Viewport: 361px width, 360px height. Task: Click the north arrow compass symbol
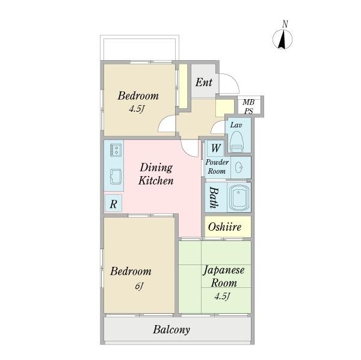(x=283, y=39)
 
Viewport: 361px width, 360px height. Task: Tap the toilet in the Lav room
(x=237, y=142)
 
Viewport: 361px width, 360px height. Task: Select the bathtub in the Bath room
(x=239, y=197)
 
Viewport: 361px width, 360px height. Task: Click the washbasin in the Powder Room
(x=239, y=167)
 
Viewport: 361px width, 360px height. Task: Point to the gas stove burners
(x=116, y=150)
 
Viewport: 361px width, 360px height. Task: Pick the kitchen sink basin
(x=116, y=177)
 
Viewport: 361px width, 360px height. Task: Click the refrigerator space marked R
(x=113, y=204)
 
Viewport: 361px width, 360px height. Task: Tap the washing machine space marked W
(x=215, y=148)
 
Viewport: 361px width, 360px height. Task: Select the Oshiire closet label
(x=224, y=227)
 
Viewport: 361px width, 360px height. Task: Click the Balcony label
(x=171, y=329)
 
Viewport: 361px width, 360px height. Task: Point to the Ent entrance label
(x=204, y=82)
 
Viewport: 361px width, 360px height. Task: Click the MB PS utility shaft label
(x=248, y=106)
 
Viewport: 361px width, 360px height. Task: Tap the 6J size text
(x=140, y=287)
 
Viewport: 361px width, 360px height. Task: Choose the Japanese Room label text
(x=224, y=276)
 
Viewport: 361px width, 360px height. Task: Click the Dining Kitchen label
(x=156, y=174)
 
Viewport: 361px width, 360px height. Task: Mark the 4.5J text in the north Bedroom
(x=137, y=109)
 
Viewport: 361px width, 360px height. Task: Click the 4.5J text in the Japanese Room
(x=223, y=296)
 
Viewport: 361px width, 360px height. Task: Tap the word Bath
(x=214, y=197)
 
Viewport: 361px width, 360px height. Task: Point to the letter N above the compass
(x=285, y=24)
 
